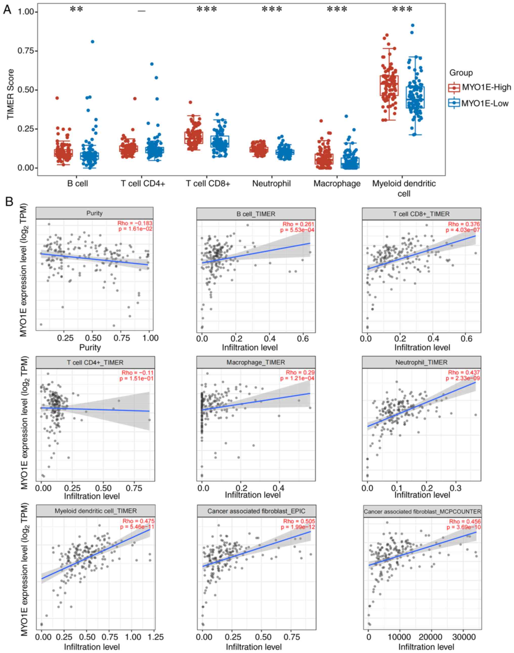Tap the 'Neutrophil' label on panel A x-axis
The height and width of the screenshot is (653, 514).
coord(271,183)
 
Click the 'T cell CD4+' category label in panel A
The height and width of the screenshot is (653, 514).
coord(143,183)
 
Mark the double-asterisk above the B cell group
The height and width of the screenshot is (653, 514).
coord(76,10)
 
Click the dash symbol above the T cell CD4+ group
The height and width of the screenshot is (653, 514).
coord(142,11)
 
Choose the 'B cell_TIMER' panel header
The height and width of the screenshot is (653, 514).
coord(256,214)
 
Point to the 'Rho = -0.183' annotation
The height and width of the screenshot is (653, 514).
coord(135,223)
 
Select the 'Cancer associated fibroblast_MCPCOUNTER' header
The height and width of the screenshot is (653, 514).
coord(422,512)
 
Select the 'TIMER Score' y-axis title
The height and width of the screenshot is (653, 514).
coord(11,94)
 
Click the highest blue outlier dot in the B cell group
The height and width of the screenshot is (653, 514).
coord(92,41)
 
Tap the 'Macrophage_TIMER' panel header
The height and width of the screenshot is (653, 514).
coord(256,362)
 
